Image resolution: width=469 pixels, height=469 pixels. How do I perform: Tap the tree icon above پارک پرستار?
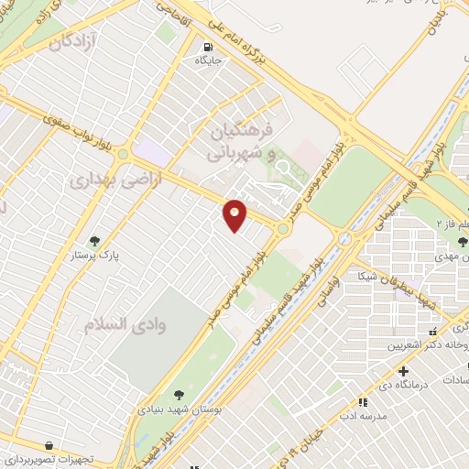coord(93,240)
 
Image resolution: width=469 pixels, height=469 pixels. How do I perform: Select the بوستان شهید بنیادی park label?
coord(179,409)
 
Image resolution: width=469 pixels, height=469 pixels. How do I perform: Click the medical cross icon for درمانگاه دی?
coord(403,371)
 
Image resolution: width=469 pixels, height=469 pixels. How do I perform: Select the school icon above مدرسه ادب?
coord(364,401)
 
